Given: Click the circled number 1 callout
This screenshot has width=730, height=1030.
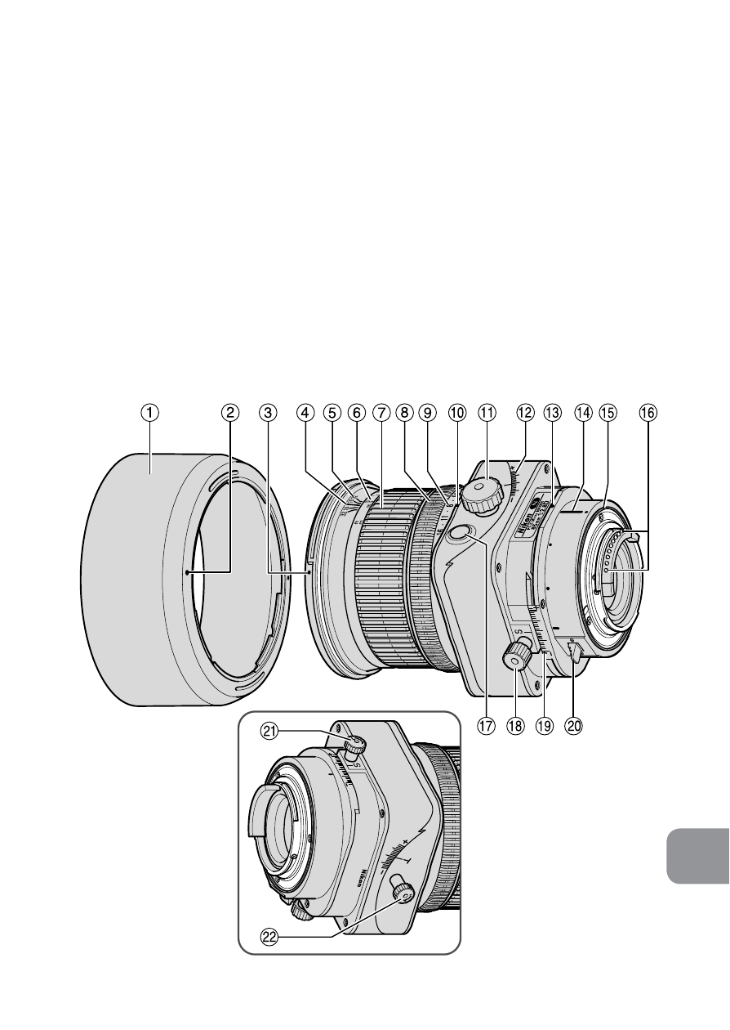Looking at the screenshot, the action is [149, 414].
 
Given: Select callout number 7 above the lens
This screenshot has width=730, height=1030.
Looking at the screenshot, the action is [380, 414].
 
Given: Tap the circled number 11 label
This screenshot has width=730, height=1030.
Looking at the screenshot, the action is [487, 414].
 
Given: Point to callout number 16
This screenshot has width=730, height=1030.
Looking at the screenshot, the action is [647, 414].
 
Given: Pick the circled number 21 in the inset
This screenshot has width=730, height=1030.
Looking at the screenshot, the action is [269, 733].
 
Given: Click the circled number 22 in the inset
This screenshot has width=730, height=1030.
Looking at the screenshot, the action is [269, 938].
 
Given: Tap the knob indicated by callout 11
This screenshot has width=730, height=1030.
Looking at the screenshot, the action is [482, 493].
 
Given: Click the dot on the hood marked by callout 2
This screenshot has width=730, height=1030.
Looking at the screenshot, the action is [188, 573].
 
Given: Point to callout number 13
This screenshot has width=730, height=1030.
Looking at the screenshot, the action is [552, 414].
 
